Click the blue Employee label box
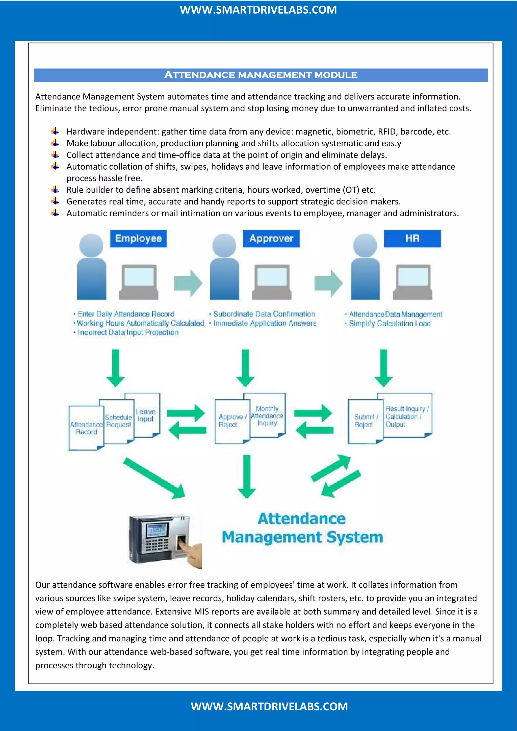pyautogui.click(x=139, y=239)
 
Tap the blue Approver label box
pyautogui.click(x=271, y=239)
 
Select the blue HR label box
pyautogui.click(x=412, y=239)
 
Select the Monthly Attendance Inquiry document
pyautogui.click(x=267, y=415)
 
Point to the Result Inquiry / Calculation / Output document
pyautogui.click(x=406, y=415)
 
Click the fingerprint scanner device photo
pyautogui.click(x=164, y=540)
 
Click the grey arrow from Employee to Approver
pyautogui.click(x=188, y=283)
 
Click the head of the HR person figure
pyautogui.click(x=365, y=245)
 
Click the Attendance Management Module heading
pyautogui.click(x=261, y=75)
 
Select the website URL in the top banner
pyautogui.click(x=258, y=10)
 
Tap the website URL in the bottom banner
pyautogui.click(x=269, y=707)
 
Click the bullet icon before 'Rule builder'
pyautogui.click(x=55, y=190)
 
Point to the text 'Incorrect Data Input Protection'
pyautogui.click(x=128, y=332)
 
